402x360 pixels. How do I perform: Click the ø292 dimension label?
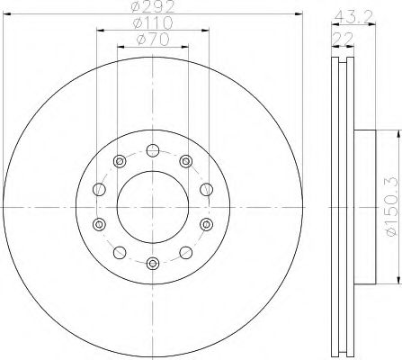tap(153, 6)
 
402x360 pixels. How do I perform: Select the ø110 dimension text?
tap(153, 22)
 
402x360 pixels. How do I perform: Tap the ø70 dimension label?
tap(153, 40)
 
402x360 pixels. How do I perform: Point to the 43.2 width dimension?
tap(353, 16)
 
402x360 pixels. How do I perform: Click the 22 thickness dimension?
tap(343, 39)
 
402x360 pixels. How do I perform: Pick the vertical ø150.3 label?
tap(392, 207)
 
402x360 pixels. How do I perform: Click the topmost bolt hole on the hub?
tap(153, 150)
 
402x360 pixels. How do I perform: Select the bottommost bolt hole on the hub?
tap(153, 264)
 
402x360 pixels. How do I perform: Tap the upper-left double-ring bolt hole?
tap(120, 161)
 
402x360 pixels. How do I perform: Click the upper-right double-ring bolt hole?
tap(186, 161)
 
